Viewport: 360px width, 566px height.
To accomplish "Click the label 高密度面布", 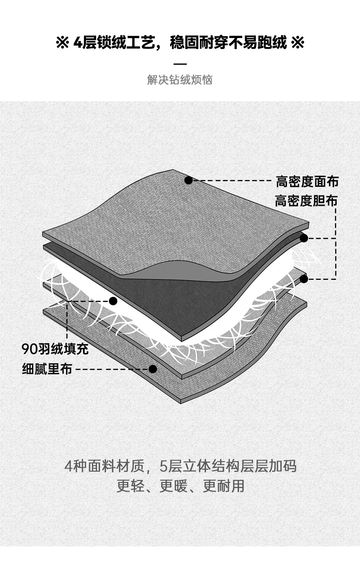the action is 307,182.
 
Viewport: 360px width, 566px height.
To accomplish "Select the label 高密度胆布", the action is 306,201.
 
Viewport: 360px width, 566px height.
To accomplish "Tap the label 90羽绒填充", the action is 55,349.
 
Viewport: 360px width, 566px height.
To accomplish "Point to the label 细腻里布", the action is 47,369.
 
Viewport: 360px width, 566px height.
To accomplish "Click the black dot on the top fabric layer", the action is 188,180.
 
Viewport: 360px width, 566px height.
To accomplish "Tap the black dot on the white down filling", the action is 113,301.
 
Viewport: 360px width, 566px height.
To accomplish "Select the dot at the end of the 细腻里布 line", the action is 153,369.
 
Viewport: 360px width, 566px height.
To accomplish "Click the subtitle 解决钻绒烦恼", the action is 180,80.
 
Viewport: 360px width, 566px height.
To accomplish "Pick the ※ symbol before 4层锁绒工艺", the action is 62,43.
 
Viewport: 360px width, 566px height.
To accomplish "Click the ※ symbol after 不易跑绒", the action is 297,43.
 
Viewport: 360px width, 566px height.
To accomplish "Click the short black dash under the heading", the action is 180,64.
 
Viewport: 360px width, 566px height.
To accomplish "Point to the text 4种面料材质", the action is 104,466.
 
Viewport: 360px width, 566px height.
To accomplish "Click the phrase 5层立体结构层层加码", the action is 228,466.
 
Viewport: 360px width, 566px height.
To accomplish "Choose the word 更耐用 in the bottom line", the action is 223,486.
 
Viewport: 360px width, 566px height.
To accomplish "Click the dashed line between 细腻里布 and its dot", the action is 112,369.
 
